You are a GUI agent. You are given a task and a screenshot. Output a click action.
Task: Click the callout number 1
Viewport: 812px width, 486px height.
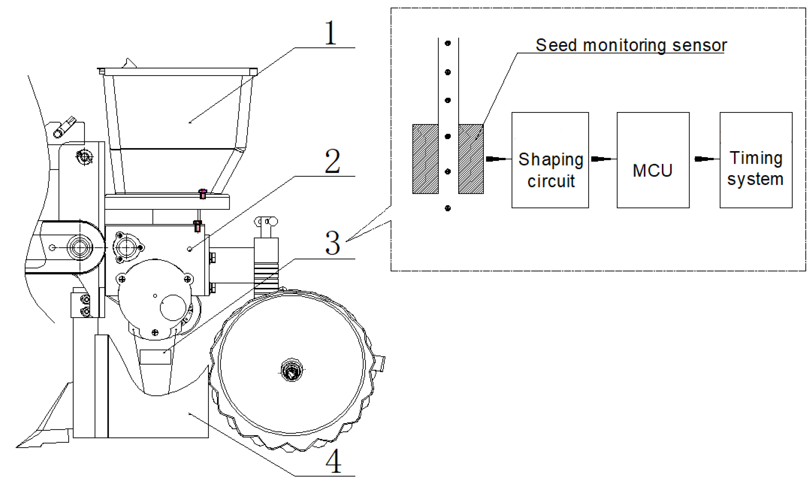tap(330, 33)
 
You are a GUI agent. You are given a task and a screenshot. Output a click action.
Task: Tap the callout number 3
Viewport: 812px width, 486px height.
tap(333, 243)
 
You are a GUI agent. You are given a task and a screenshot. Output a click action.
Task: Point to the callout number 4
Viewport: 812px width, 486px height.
tap(333, 461)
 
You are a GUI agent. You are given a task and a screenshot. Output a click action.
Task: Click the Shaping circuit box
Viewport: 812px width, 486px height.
tap(550, 160)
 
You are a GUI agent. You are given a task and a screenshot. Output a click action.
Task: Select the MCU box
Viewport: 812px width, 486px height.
tap(653, 160)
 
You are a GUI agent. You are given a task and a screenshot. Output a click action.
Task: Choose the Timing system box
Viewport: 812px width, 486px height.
tap(756, 160)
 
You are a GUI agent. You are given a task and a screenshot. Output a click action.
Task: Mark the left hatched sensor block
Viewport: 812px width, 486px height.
tap(425, 159)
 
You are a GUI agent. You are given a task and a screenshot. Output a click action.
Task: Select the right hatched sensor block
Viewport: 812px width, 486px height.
tap(471, 159)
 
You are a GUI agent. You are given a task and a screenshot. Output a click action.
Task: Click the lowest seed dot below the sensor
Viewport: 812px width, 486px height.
tap(448, 208)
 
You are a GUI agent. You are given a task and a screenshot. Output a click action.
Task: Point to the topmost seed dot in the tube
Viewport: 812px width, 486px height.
tap(448, 43)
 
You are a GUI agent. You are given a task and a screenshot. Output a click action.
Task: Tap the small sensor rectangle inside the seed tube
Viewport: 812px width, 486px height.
tap(156, 357)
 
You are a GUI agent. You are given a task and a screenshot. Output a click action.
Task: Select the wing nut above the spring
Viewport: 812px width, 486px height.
tap(266, 222)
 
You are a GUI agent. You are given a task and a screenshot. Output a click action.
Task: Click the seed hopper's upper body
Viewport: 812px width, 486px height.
tap(177, 111)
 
